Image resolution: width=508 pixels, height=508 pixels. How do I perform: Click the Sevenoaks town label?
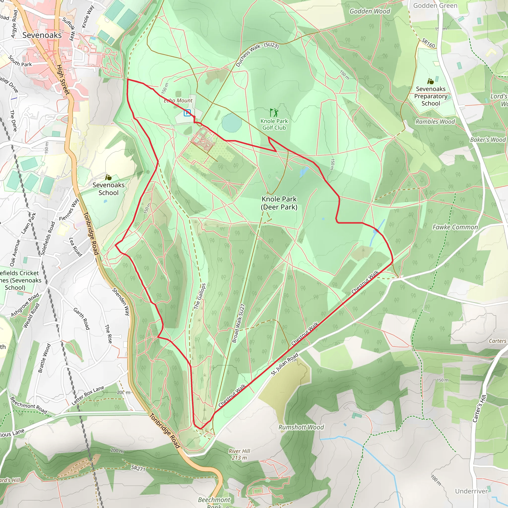[42, 35]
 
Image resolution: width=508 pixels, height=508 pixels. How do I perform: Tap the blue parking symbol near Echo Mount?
[187, 113]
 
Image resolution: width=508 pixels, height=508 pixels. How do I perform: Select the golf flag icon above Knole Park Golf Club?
[274, 113]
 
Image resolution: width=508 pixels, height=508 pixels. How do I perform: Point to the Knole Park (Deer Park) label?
[279, 203]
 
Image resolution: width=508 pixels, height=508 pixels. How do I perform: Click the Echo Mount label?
[178, 100]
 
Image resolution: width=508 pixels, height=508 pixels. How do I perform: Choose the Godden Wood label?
[370, 11]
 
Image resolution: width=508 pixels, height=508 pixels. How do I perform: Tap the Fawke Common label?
[455, 227]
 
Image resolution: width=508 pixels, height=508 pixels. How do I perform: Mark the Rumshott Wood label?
[301, 427]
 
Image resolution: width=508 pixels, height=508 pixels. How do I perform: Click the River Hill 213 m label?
[239, 454]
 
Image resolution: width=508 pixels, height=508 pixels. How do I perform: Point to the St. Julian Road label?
[285, 364]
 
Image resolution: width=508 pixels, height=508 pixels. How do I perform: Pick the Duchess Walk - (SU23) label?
[257, 54]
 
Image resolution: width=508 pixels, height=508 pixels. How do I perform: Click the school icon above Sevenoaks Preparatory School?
[430, 82]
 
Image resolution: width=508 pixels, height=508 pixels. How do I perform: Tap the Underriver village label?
[472, 491]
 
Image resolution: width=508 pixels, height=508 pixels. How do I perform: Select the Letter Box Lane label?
[88, 395]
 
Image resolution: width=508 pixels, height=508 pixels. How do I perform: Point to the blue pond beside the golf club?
[231, 123]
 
